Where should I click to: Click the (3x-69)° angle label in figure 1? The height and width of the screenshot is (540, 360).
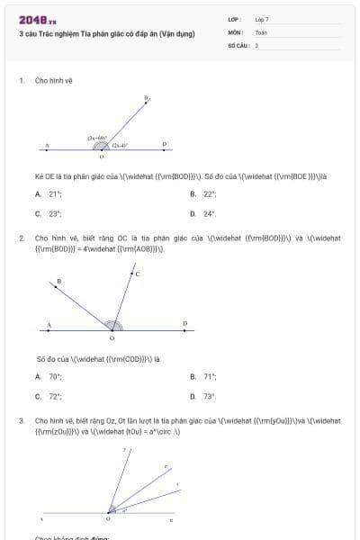point(98,138)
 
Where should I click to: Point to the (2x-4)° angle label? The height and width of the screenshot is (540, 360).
point(120,145)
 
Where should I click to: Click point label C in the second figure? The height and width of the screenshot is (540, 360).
point(137,274)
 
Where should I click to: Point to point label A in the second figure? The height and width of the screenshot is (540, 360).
point(49,324)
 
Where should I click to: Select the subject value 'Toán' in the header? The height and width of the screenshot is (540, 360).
point(261,31)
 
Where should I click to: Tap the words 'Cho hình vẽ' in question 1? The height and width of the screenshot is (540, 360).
point(53,81)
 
